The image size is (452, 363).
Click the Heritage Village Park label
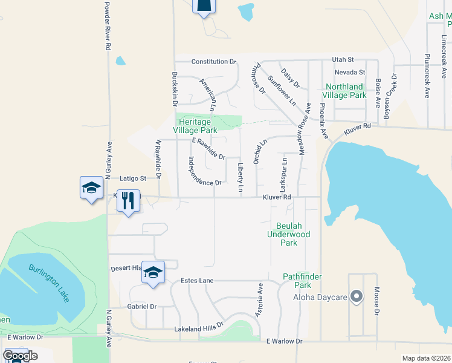(195, 126)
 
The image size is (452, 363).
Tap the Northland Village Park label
(344, 91)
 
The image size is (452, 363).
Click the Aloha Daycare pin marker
(357, 296)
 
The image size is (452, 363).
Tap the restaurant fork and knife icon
(128, 200)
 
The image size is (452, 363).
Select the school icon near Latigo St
(91, 188)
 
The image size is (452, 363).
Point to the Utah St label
(343, 60)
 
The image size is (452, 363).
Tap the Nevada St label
(350, 73)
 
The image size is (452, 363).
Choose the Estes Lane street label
(198, 281)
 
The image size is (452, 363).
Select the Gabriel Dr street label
(142, 307)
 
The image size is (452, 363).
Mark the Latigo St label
(133, 178)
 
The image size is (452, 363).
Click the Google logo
(20, 355)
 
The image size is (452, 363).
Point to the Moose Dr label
(376, 301)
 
